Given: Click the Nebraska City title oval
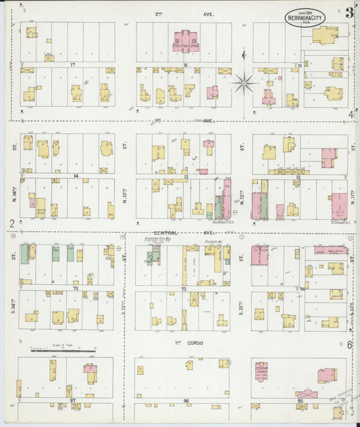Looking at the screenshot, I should click(x=305, y=18).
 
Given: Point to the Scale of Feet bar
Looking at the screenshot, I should click(x=62, y=351).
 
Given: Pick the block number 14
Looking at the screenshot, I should click(x=76, y=176).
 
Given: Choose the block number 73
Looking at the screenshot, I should click(x=184, y=288).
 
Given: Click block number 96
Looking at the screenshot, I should click(x=185, y=401).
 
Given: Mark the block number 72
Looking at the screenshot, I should click(x=76, y=288).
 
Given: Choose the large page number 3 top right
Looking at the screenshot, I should click(x=349, y=12).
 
